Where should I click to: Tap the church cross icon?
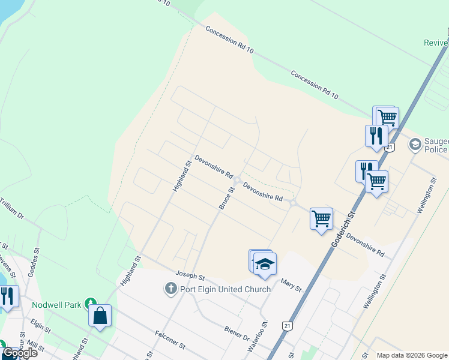[170, 289]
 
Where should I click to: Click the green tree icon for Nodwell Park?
[90, 304]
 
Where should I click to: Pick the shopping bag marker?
[100, 316]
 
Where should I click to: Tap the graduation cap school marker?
[265, 264]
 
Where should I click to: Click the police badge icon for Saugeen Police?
[415, 145]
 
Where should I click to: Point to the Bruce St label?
[226, 198]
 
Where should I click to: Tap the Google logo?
[20, 353]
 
